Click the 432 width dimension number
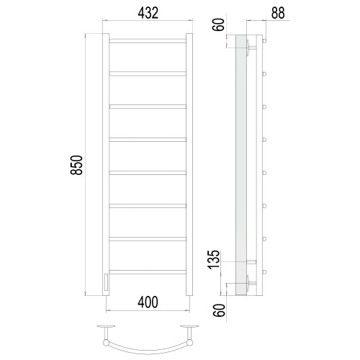point(148,13)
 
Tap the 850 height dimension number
point(76,165)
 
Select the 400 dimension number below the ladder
point(148,302)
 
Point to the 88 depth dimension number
point(278,13)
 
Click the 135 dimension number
point(214,259)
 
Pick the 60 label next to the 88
point(218,24)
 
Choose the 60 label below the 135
point(220,310)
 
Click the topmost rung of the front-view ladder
point(148,41)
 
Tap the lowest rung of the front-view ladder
point(148,272)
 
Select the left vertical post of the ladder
point(106,164)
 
